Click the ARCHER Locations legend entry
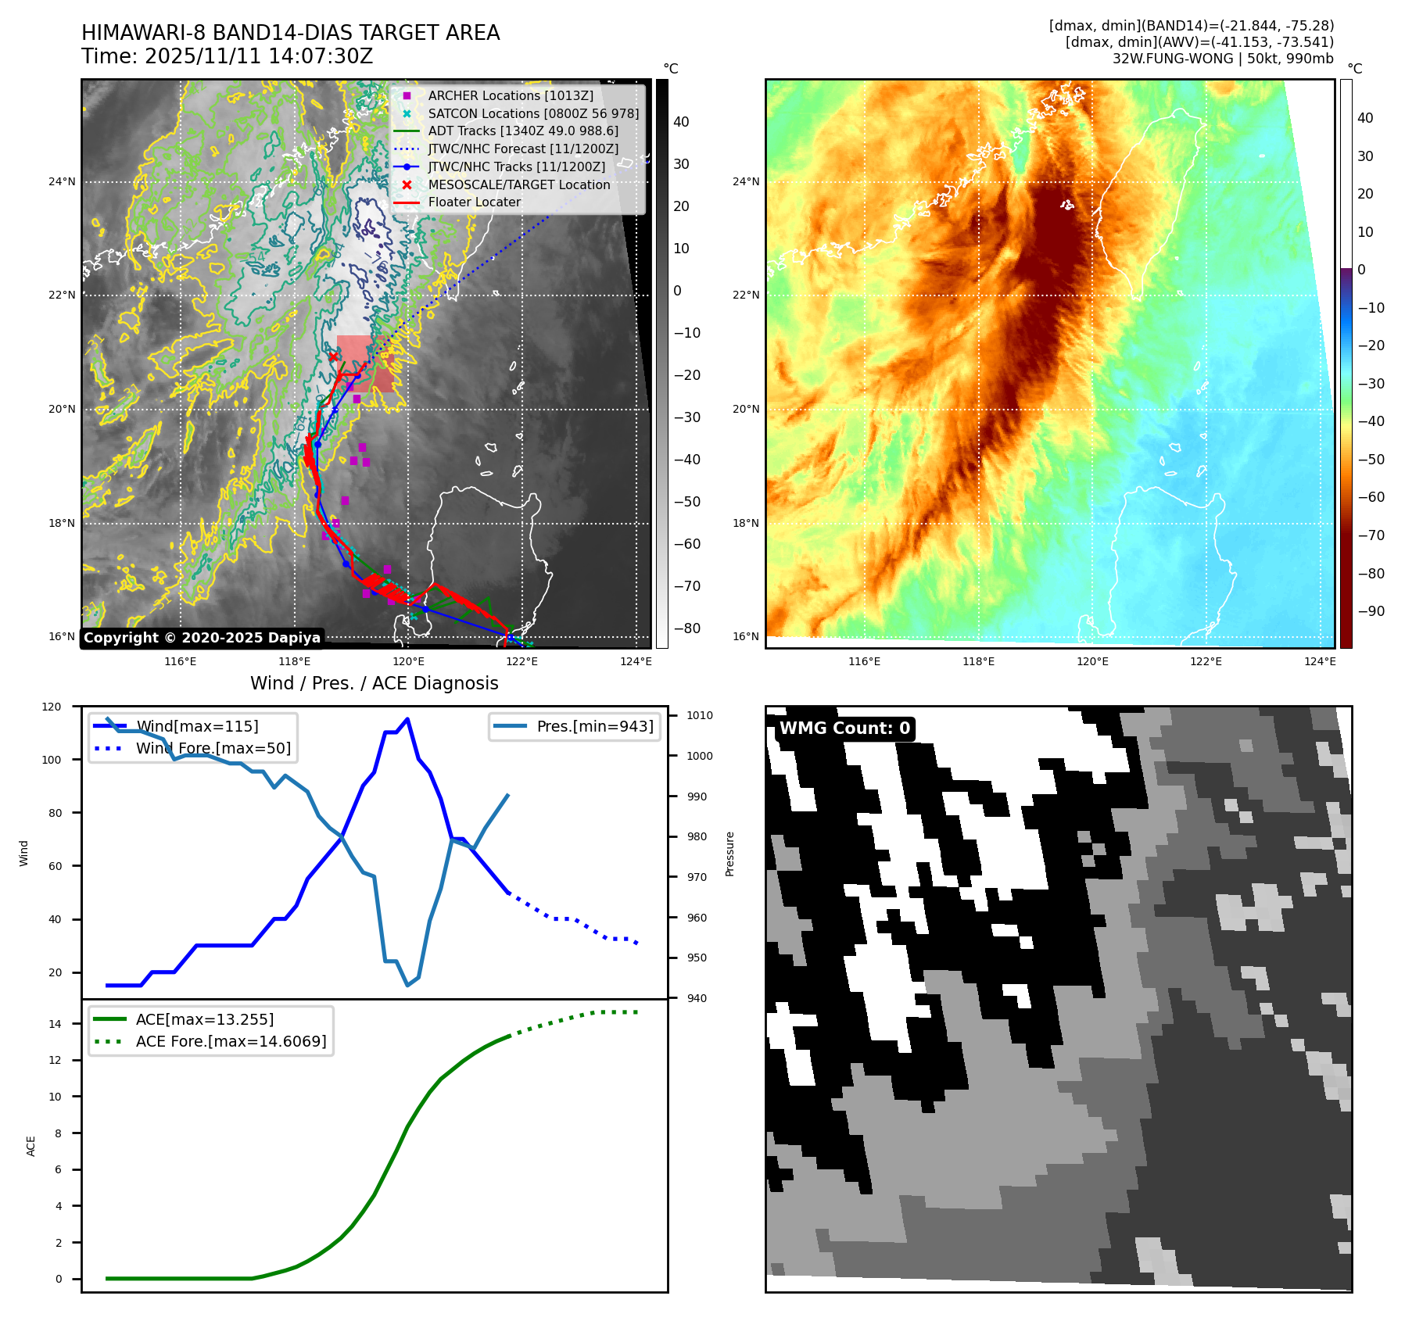pos(510,95)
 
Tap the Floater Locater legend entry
pos(474,202)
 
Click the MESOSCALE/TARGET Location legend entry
pos(518,184)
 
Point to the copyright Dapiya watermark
pos(202,638)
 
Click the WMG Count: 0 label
pos(844,729)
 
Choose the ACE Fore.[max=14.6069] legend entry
pos(231,1041)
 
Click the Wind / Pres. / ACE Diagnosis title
pos(374,683)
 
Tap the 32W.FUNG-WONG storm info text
pos(1222,59)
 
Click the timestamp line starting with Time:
pos(227,56)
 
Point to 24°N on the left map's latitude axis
pos(62,182)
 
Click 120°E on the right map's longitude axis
pos(1091,661)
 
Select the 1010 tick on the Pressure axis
pos(699,715)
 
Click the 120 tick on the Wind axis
pos(52,707)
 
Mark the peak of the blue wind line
pos(407,719)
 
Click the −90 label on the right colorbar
pos(1371,611)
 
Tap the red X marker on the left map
pos(333,357)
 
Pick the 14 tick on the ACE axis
pos(55,1024)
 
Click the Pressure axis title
pos(729,854)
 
